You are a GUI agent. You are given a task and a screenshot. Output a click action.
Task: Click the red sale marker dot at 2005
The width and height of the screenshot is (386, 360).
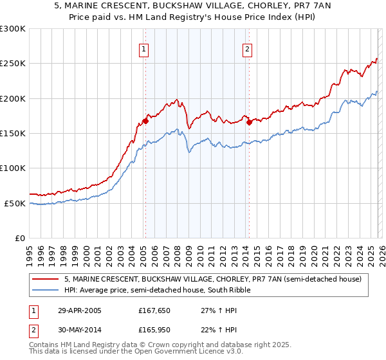pyautogui.click(x=146, y=120)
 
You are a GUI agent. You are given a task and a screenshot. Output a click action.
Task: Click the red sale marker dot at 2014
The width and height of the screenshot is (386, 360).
pyautogui.click(x=249, y=122)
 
